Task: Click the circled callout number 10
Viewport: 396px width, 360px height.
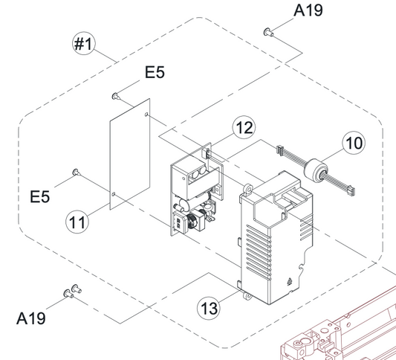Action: tap(354, 143)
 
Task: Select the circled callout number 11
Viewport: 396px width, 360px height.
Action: tap(77, 222)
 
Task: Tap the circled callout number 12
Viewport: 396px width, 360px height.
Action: tap(244, 127)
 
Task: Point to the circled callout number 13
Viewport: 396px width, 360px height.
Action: tap(209, 309)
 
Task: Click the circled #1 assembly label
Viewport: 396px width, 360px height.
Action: tap(84, 43)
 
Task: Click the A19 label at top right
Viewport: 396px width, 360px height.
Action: tap(308, 10)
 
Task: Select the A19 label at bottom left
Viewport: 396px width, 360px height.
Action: tap(30, 318)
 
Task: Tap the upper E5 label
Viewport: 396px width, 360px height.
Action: tap(155, 72)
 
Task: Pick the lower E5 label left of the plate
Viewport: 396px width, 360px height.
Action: tap(40, 196)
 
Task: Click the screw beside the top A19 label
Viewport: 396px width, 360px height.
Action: tap(268, 32)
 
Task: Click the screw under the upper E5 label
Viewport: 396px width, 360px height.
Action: tap(116, 96)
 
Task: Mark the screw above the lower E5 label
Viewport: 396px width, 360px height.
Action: tap(77, 172)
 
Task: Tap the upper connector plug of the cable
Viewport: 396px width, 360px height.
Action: tap(280, 150)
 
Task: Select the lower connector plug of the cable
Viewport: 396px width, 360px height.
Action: tap(350, 190)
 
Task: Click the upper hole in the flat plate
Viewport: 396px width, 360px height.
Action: tap(146, 115)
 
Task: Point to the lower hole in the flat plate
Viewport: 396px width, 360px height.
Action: tap(114, 194)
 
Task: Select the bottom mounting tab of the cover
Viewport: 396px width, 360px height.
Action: tap(247, 296)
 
